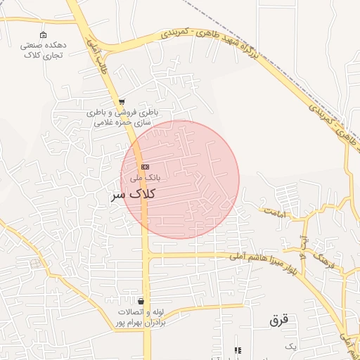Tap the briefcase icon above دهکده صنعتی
pyautogui.click(x=44, y=35)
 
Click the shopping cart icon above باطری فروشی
pyautogui.click(x=122, y=103)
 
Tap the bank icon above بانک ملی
pyautogui.click(x=145, y=167)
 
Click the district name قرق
pyautogui.click(x=279, y=319)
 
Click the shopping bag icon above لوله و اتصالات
pyautogui.click(x=141, y=301)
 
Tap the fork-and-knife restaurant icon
pyautogui.click(x=238, y=350)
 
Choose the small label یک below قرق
pyautogui.click(x=291, y=347)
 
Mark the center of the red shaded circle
pyautogui.click(x=180, y=180)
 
